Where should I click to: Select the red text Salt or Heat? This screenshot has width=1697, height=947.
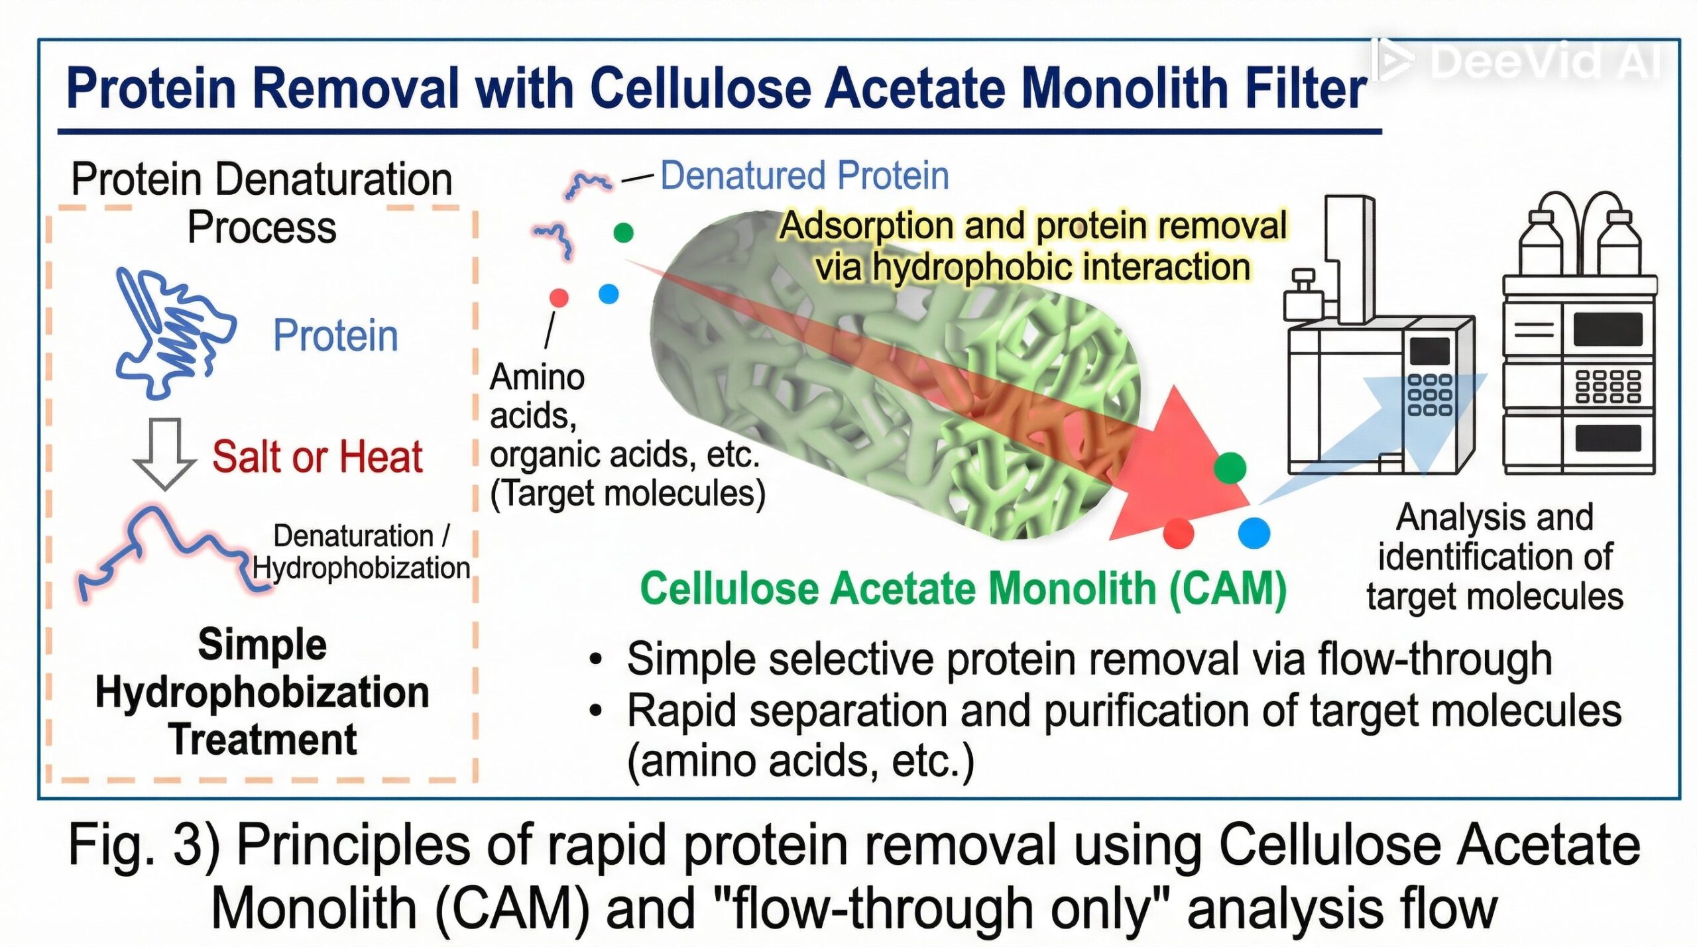pyautogui.click(x=317, y=457)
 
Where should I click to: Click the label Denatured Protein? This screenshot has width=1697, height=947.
pyautogui.click(x=804, y=176)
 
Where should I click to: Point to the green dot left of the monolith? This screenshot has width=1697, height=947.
pyautogui.click(x=623, y=233)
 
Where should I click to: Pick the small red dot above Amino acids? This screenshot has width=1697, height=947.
pyautogui.click(x=559, y=298)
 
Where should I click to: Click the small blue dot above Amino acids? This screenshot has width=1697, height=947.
pyautogui.click(x=608, y=294)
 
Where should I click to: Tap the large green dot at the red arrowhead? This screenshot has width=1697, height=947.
pyautogui.click(x=1230, y=468)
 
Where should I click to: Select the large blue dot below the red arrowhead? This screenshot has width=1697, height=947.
pyautogui.click(x=1254, y=533)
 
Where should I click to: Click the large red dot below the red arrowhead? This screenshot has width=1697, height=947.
pyautogui.click(x=1178, y=533)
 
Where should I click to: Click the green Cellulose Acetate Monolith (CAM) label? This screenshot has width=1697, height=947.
pyautogui.click(x=963, y=588)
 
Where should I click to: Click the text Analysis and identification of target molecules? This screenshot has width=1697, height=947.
pyautogui.click(x=1494, y=557)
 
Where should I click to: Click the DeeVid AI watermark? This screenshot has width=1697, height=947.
pyautogui.click(x=1518, y=61)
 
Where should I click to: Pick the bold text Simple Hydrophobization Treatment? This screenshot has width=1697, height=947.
pyautogui.click(x=263, y=692)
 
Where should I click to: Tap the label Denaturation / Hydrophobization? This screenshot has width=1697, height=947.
pyautogui.click(x=361, y=552)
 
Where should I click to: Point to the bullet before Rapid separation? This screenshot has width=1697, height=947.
pyautogui.click(x=596, y=710)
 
